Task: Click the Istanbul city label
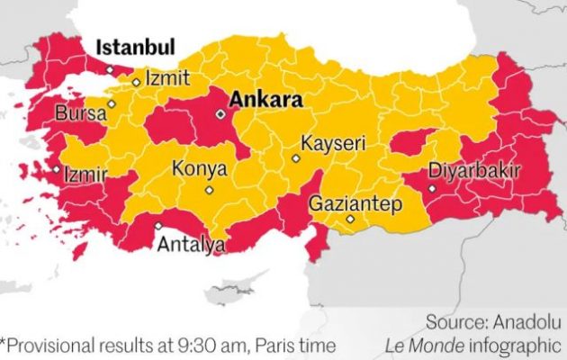coord(135,47)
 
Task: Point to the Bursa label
coord(80,114)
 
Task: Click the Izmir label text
coord(86,174)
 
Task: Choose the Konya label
coord(199,168)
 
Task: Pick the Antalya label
coord(191,243)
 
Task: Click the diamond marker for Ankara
coord(220,114)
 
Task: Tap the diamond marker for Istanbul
coord(110,68)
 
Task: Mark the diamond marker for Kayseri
coord(295,158)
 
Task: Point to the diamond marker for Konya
coord(209,190)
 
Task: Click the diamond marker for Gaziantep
coord(350,219)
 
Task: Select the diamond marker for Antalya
coord(158,226)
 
